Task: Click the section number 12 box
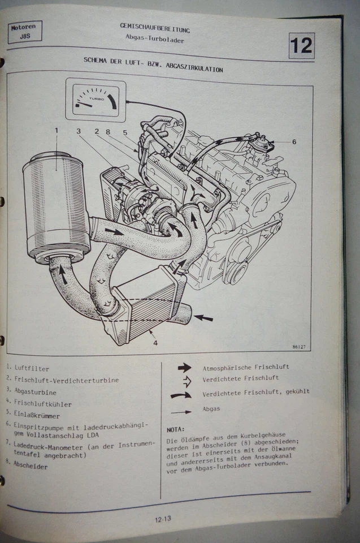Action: pos(301,46)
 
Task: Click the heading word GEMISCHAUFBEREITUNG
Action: pos(155,28)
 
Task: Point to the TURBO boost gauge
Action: pos(96,100)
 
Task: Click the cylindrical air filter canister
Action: pos(56,207)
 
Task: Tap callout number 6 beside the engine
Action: pos(294,142)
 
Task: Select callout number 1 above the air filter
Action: pos(57,131)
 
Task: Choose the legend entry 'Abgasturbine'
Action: pos(36,392)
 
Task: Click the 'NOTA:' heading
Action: pos(176,429)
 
